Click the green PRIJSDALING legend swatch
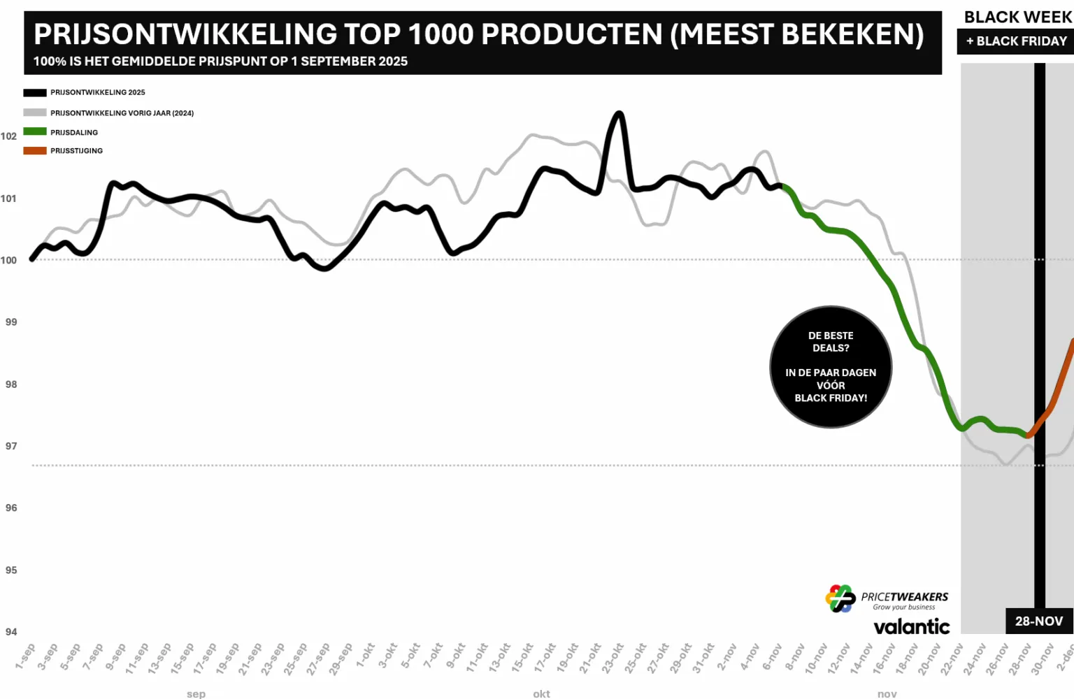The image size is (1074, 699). (35, 131)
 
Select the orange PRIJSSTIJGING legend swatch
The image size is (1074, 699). (35, 150)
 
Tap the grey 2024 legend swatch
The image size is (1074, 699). (35, 113)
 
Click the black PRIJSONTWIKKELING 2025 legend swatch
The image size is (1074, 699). (35, 92)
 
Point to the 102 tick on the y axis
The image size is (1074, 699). (8, 136)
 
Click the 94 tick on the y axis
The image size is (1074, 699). (11, 632)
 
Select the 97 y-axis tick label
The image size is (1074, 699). (11, 446)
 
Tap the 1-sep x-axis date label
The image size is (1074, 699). (26, 656)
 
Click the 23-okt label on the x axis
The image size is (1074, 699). (613, 658)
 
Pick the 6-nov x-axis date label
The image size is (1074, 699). (772, 657)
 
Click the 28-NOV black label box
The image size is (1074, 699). (1039, 621)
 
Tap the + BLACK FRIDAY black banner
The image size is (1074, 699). (1016, 41)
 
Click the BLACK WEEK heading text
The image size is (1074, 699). (1017, 17)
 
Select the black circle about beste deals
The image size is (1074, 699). (831, 367)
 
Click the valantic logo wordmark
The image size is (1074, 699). (911, 626)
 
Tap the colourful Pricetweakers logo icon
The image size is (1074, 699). (840, 598)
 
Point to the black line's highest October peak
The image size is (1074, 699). (618, 113)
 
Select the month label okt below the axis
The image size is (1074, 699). (541, 693)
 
